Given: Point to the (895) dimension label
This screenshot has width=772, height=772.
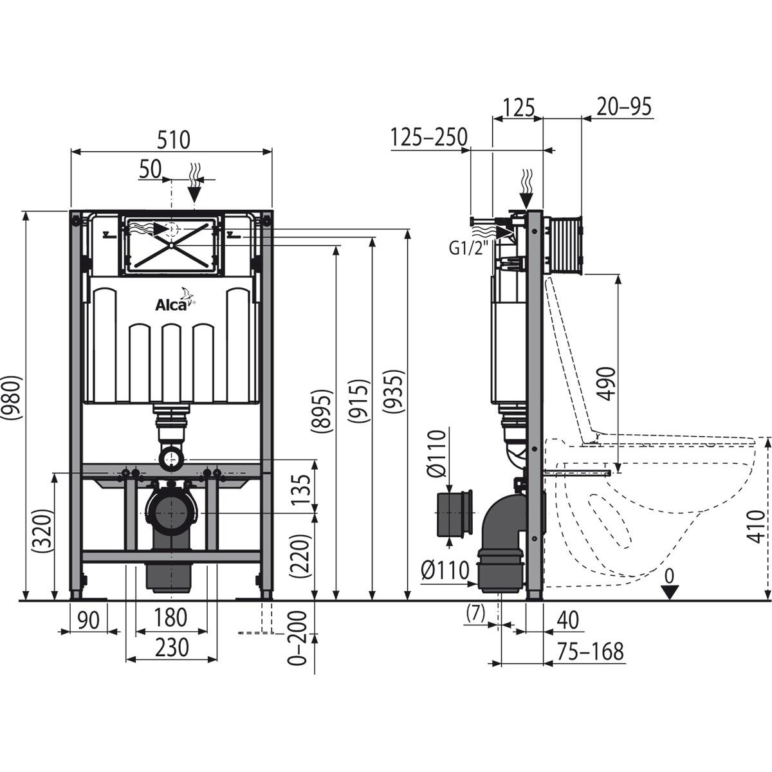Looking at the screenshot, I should [x=324, y=412].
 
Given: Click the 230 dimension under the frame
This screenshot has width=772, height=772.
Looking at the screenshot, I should [x=172, y=647].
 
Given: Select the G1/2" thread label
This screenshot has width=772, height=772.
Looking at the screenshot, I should [x=468, y=248].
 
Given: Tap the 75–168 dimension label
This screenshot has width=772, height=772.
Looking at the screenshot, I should [x=591, y=651].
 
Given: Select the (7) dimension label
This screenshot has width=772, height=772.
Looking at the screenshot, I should [x=475, y=615].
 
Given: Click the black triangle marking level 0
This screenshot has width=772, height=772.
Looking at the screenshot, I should [x=670, y=593].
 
